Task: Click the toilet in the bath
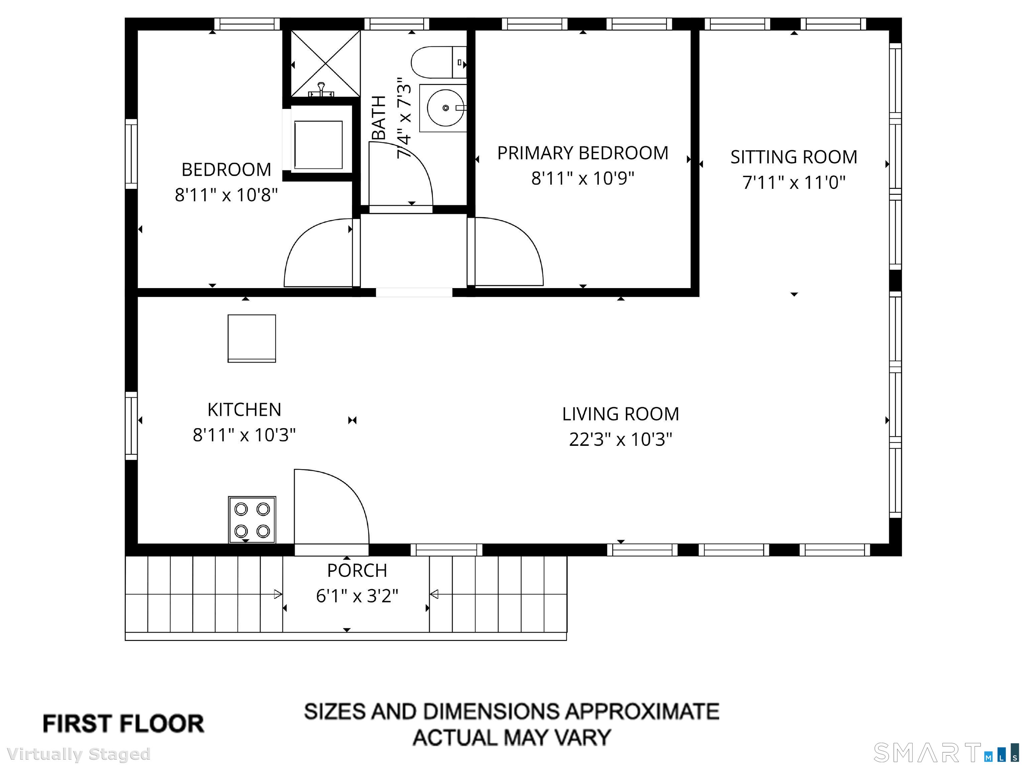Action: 439,62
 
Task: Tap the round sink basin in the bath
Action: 445,108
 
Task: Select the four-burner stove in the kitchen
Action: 252,519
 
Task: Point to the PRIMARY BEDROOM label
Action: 583,153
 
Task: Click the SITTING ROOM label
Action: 794,157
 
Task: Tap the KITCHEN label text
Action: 244,410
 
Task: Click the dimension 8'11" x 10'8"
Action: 226,195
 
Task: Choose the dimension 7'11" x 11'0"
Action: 794,182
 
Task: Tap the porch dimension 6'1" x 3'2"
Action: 357,596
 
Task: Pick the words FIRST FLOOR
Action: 123,724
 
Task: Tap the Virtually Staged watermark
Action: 79,754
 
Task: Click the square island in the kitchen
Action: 252,338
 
